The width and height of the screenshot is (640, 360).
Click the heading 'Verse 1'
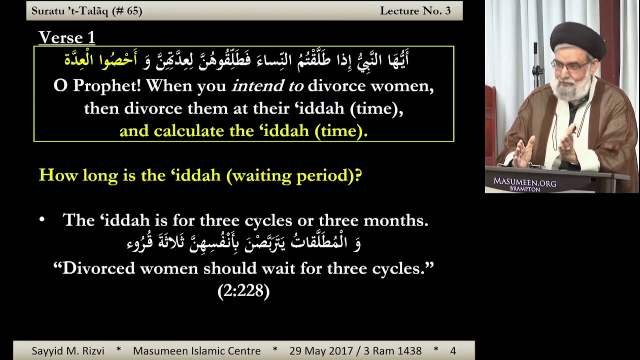[66, 37]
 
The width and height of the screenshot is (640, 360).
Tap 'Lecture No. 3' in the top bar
[415, 11]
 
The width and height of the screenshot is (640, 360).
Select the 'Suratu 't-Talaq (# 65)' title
[86, 11]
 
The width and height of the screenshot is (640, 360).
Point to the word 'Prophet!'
[106, 86]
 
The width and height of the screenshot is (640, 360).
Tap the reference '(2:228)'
[243, 291]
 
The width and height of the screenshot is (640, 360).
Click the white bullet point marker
[42, 219]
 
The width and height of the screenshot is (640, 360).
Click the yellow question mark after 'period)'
[358, 175]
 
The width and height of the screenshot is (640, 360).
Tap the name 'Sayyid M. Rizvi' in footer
[67, 351]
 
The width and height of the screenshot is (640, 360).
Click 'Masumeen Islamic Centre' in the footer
[197, 351]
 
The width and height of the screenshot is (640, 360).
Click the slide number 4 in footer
[453, 351]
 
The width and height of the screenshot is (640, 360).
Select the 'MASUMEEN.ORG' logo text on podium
[525, 181]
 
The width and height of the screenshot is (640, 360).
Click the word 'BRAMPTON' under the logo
[525, 189]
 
